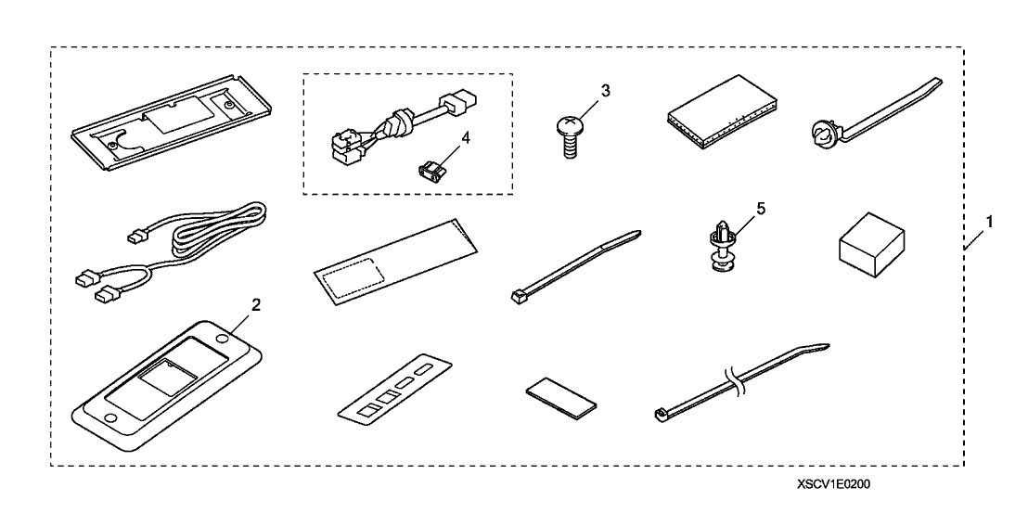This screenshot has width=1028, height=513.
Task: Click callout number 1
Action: click(x=989, y=222)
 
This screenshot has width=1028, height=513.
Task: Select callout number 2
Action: click(x=256, y=304)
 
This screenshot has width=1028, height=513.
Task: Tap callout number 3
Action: click(x=605, y=91)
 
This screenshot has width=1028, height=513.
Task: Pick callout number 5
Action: click(x=760, y=209)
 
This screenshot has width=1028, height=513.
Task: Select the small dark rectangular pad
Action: click(x=560, y=398)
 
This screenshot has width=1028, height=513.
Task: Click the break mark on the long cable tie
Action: click(x=734, y=383)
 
